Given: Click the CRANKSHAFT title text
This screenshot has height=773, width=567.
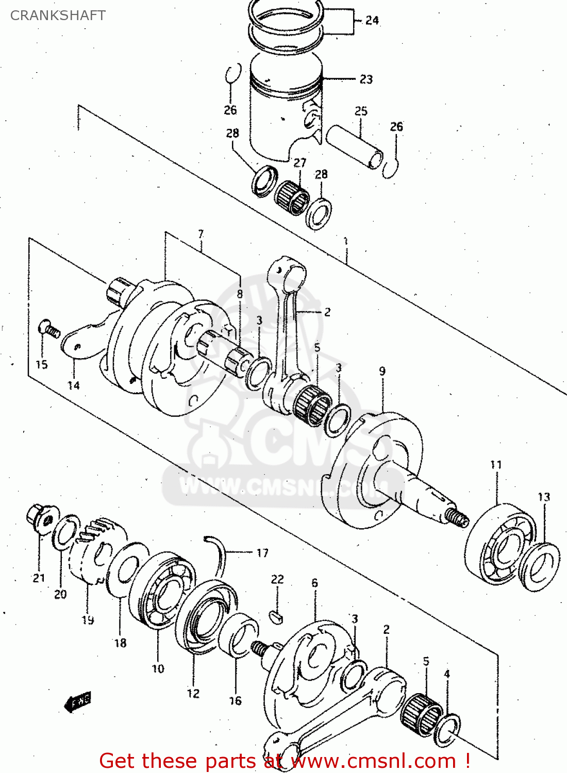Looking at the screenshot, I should pos(58,15).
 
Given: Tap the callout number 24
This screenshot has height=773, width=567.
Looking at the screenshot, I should pos(372,21).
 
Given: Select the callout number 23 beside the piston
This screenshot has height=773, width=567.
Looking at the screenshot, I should pos(366,79).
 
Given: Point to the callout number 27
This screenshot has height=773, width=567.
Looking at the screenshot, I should pos(300,163).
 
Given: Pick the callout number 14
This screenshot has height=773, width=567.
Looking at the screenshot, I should pos(73,385).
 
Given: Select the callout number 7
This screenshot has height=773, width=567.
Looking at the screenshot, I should pos(201,234).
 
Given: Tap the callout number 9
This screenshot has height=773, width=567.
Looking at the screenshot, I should pos(382,371).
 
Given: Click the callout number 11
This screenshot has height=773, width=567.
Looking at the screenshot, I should pos(496,465).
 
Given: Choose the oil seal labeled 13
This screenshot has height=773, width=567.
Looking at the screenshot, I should pos(539,566).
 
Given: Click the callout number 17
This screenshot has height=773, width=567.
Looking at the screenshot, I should pos(262,553).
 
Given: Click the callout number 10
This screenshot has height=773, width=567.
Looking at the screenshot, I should pos(158,669).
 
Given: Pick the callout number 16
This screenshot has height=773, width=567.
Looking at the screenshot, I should pos(235,701).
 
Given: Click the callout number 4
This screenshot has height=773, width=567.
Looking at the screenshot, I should pos(447,674).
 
